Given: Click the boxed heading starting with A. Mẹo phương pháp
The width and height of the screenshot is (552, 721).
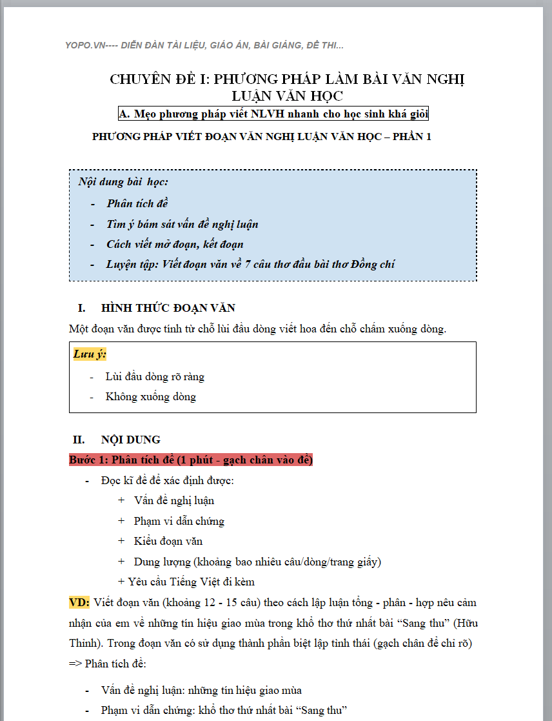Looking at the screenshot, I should click(273, 114).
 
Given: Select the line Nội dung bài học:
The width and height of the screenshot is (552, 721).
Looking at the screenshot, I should click(123, 182).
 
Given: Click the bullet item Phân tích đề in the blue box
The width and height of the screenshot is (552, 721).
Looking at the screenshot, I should click(137, 203).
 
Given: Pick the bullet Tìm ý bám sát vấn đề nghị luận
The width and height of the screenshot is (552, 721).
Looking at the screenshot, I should click(182, 224).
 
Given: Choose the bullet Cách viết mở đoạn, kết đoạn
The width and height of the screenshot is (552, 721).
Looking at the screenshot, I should click(175, 244).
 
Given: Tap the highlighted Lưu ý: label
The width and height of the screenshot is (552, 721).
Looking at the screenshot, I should click(90, 354).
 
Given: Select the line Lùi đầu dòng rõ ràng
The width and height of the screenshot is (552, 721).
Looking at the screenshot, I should click(155, 376).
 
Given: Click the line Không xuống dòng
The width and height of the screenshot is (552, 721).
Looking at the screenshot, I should click(150, 396).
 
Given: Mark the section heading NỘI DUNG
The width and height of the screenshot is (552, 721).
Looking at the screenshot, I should click(130, 440).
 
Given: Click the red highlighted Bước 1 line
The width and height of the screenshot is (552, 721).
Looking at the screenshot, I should click(191, 460).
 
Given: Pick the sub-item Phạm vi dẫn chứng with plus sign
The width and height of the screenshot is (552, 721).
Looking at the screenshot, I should click(179, 521).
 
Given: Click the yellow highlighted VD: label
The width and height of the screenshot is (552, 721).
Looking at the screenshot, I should click(79, 602).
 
